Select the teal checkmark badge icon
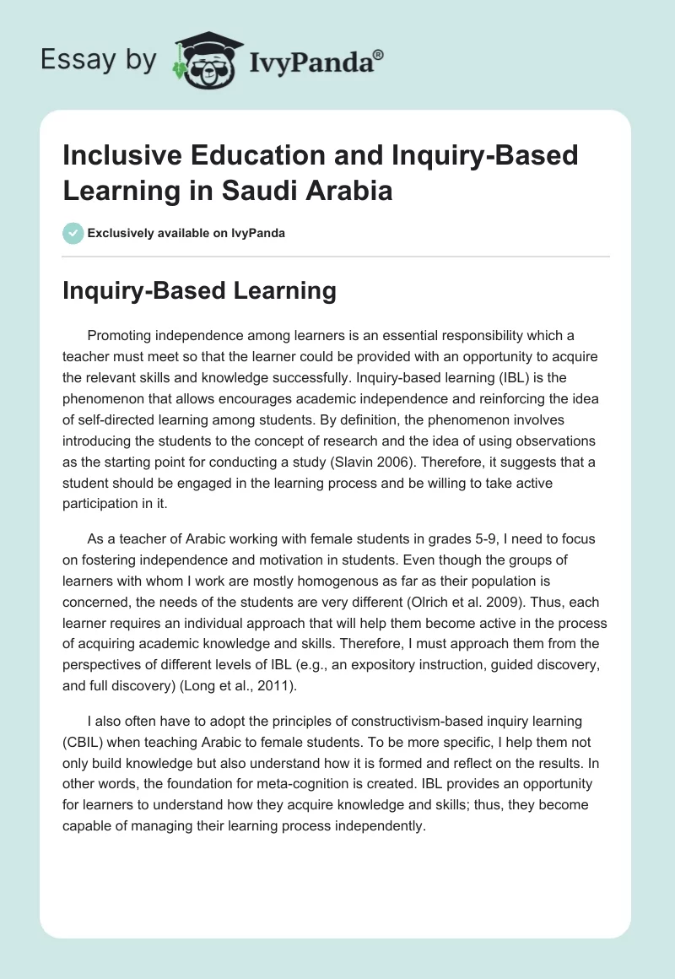pyautogui.click(x=73, y=233)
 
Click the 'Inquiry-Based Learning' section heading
pyautogui.click(x=199, y=291)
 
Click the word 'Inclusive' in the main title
pyautogui.click(x=117, y=155)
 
